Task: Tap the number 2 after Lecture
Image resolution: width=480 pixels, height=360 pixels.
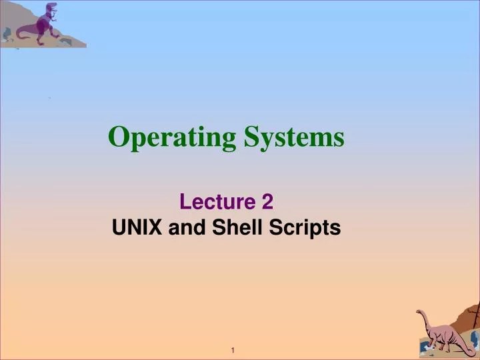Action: pos(267,201)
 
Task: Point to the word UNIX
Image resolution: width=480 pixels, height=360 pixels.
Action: pos(137,228)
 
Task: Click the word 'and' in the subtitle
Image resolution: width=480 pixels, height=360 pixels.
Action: pos(188,228)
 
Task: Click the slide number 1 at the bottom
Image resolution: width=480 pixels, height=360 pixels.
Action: pos(234,351)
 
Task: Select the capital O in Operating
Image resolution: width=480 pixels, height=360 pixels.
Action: pos(118,137)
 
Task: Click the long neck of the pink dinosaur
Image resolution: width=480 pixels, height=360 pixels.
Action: pos(427,323)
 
